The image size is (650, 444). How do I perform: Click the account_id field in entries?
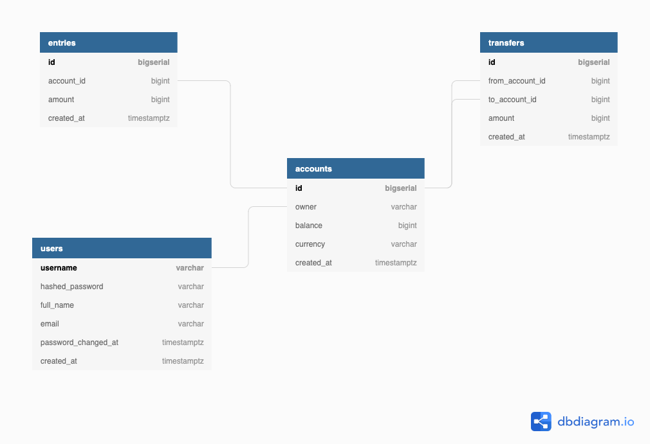coord(67,81)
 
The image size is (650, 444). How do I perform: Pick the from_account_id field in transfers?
coord(517,81)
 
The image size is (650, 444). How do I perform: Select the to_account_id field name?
coord(512,100)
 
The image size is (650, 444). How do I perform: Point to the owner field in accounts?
coord(306,207)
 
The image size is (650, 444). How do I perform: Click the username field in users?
coord(59,268)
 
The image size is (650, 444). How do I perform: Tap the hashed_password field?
coord(71,287)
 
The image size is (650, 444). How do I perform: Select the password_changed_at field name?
coord(79,342)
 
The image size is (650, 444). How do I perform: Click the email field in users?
coord(50,324)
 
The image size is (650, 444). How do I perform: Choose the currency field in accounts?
coord(310,244)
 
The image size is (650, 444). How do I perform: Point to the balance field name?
coord(309,226)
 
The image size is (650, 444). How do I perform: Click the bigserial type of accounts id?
coord(400,188)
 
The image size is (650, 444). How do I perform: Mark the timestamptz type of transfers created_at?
coord(588,137)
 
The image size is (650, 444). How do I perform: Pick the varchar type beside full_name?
coord(190,305)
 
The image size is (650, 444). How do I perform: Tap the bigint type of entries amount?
coord(160,100)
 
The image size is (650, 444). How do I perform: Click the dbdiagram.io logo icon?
coord(541,422)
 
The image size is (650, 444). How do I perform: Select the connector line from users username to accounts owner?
coord(248,238)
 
